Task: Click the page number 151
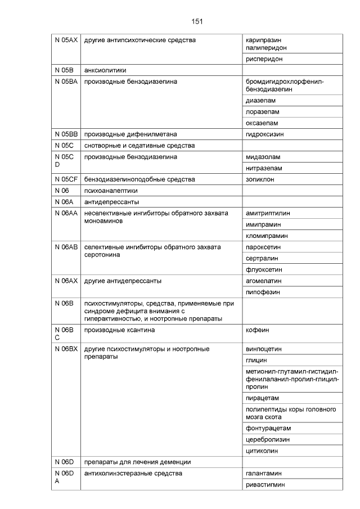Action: (x=197, y=21)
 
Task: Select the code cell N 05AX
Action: (x=66, y=40)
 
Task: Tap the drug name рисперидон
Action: (x=264, y=58)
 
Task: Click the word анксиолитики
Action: (x=105, y=70)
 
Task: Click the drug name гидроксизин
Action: (x=264, y=134)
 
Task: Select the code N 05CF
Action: (x=66, y=179)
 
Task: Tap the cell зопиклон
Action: (x=260, y=179)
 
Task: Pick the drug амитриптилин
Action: (x=268, y=213)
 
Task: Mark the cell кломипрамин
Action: (x=267, y=236)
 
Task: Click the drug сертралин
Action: (x=262, y=258)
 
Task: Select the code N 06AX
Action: (x=66, y=281)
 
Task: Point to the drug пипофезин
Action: (x=263, y=292)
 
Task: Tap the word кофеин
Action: (x=258, y=330)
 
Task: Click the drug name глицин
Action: (x=256, y=360)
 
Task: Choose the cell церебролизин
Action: (x=268, y=439)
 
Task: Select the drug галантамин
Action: (x=263, y=474)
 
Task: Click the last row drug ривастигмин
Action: (x=265, y=485)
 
